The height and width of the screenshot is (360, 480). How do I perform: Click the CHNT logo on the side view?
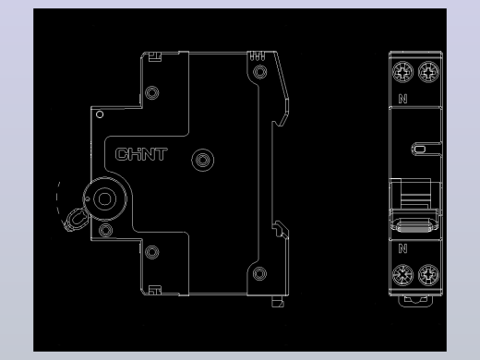pos(141,154)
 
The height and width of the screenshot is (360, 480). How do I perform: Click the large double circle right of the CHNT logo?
pos(203,160)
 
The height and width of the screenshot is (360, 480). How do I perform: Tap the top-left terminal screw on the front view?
pos(402,72)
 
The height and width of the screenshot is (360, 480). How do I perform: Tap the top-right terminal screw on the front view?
pos(428,72)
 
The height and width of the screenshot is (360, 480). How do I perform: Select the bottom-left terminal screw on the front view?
pos(402,275)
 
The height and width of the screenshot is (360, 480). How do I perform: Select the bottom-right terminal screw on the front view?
pos(428,275)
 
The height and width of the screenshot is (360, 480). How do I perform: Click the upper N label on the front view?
pos(402,99)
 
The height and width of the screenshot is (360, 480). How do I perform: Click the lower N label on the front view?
pos(402,248)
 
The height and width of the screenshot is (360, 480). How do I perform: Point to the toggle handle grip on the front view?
pos(414,225)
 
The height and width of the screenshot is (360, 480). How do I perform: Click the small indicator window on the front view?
pos(420,150)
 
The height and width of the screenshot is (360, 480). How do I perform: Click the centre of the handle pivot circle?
pos(104,198)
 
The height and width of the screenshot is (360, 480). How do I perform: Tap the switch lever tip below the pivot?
pos(76,220)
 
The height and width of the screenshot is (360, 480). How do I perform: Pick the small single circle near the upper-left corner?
pos(100,114)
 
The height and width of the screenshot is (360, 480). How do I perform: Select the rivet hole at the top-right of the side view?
pos(260,72)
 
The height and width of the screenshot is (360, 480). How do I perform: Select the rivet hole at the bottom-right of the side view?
pos(259,273)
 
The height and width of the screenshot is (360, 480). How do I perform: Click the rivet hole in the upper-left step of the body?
pos(152,92)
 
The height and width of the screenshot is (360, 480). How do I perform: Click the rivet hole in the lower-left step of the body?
pos(152,252)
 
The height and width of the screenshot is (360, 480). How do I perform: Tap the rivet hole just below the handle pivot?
pos(105,230)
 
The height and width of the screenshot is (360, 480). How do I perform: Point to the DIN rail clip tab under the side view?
pos(278,302)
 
